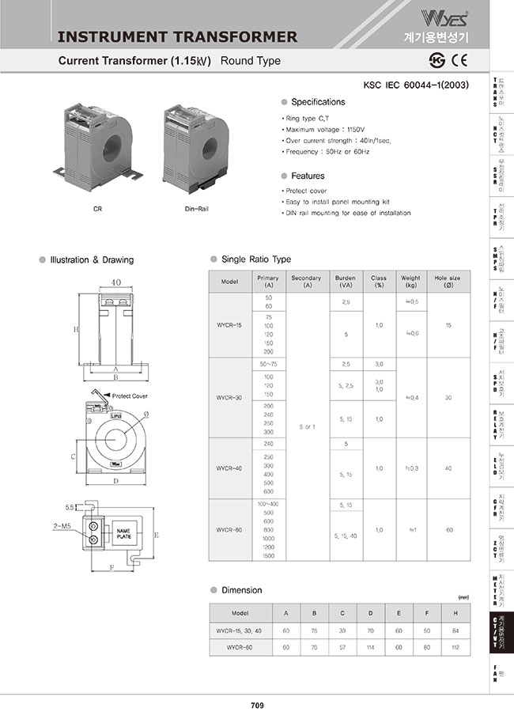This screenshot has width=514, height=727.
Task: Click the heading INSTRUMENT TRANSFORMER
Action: click(178, 36)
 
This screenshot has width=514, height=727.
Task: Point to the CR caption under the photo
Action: click(96, 210)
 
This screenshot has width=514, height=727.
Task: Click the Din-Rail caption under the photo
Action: click(198, 210)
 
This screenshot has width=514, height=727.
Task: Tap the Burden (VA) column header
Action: click(346, 282)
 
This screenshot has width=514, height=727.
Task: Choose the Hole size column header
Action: click(448, 282)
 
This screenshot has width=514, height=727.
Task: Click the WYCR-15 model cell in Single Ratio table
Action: click(229, 325)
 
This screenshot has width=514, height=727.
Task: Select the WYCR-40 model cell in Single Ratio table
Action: click(229, 468)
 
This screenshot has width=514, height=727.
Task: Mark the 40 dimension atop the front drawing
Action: click(116, 282)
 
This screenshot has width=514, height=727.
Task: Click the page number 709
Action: click(257, 706)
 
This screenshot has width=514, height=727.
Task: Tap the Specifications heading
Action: click(318, 102)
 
